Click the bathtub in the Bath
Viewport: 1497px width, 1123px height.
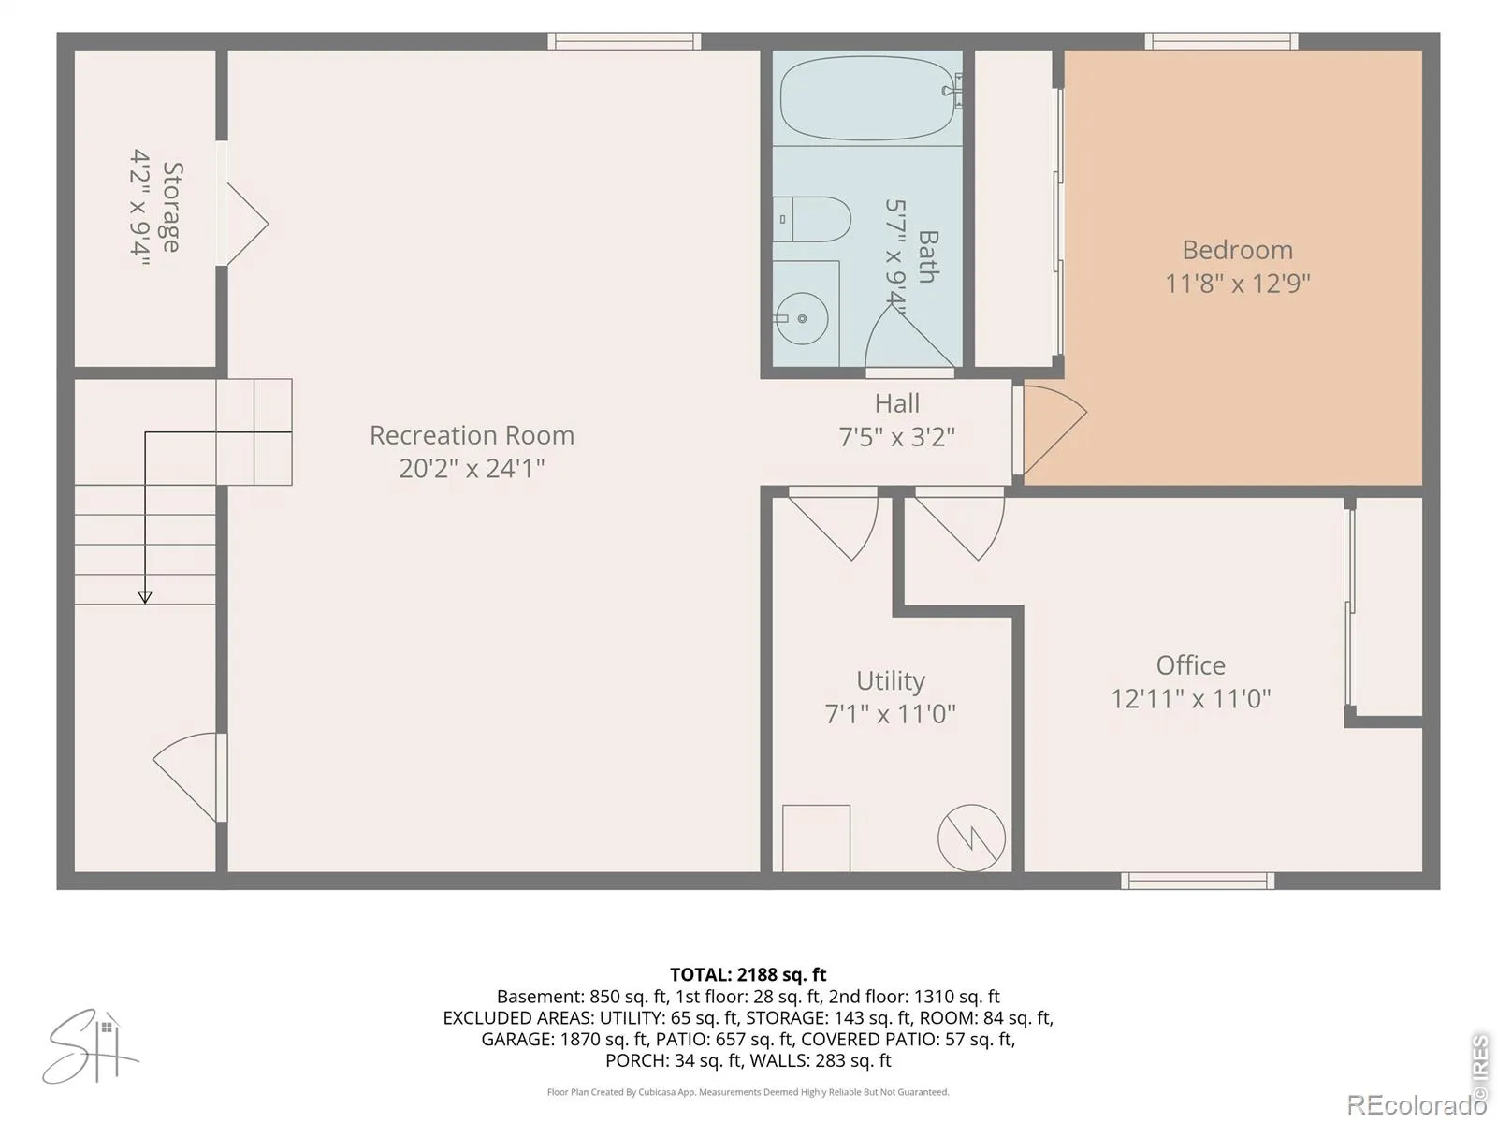click(x=866, y=98)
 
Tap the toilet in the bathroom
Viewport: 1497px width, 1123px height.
click(x=811, y=220)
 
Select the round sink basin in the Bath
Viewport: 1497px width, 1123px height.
click(x=802, y=318)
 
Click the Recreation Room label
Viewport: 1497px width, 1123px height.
click(x=472, y=435)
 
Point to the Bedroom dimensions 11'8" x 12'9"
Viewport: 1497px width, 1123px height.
click(x=1237, y=283)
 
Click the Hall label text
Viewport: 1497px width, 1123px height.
click(x=897, y=403)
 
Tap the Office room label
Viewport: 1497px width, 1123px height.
click(x=1190, y=664)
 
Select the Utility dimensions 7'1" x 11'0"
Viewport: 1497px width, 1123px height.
click(x=890, y=714)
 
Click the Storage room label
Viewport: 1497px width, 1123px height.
click(x=172, y=207)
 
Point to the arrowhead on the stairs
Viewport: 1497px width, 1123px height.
click(x=145, y=598)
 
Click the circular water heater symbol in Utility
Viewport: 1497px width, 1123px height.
click(x=971, y=838)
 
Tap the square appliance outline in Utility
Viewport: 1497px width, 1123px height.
click(x=816, y=838)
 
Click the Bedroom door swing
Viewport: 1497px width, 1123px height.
click(x=1054, y=430)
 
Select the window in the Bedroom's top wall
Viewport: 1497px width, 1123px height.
click(x=1221, y=41)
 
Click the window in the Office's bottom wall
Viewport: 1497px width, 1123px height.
click(x=1198, y=881)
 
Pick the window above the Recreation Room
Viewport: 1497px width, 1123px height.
click(x=624, y=41)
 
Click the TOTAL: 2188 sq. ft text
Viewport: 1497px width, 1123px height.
click(x=748, y=974)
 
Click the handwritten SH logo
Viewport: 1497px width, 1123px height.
click(x=91, y=1046)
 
